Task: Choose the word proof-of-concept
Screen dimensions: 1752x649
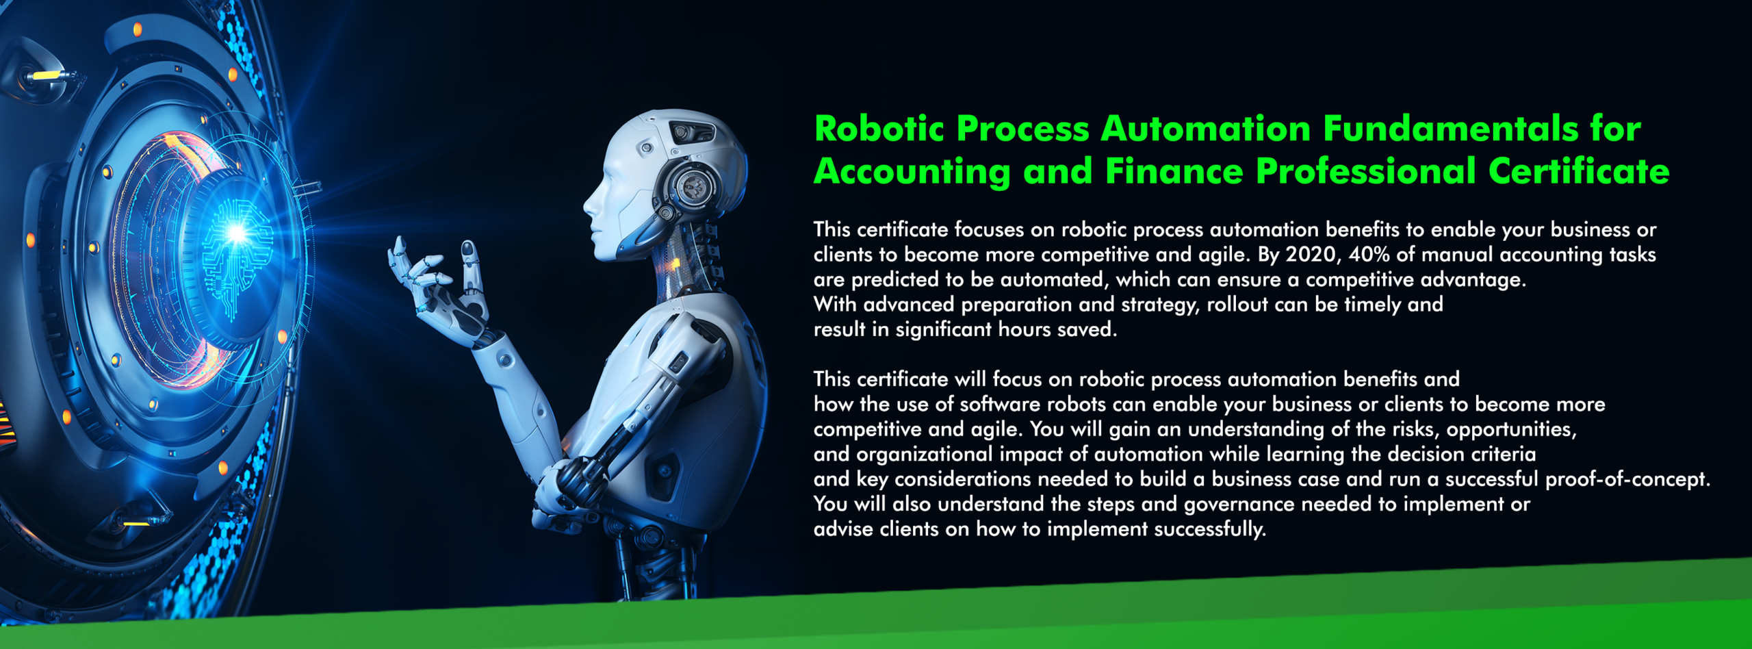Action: pos(1627,479)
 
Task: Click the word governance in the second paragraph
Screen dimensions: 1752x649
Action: pos(1239,505)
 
